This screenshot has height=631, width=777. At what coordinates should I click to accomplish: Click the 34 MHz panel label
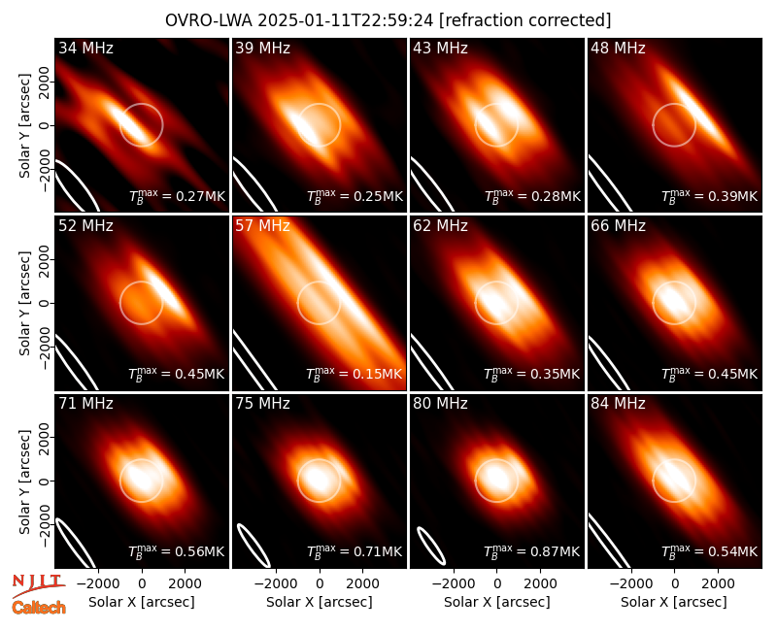click(x=85, y=48)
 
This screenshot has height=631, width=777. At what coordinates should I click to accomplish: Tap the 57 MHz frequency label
click(x=262, y=226)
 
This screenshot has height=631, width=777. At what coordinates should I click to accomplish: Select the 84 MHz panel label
click(x=618, y=404)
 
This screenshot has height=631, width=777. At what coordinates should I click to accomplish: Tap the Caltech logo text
click(x=39, y=608)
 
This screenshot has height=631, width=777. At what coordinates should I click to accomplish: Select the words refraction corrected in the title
click(x=524, y=20)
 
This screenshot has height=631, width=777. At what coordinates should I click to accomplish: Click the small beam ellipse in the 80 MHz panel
click(x=431, y=546)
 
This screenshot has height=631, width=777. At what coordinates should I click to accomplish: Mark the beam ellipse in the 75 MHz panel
click(x=253, y=545)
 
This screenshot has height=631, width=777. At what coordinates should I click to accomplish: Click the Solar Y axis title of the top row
click(x=24, y=126)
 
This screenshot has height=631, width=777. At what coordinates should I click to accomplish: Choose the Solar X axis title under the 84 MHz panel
click(x=674, y=602)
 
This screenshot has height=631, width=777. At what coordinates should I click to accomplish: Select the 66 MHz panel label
click(x=618, y=226)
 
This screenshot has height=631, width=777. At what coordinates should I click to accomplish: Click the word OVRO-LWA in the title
click(x=209, y=20)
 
